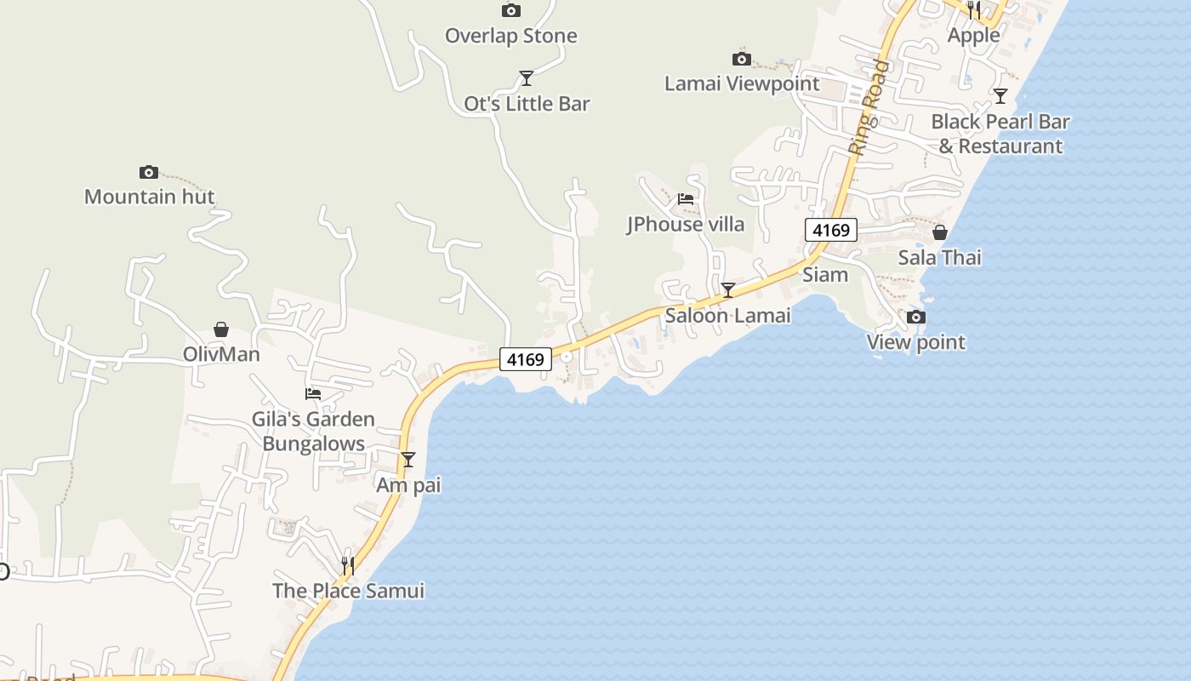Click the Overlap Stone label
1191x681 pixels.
(511, 36)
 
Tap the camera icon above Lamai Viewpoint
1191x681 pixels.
(742, 59)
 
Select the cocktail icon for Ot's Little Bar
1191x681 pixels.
(527, 78)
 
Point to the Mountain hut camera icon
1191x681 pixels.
(149, 172)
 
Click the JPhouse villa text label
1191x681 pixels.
(686, 224)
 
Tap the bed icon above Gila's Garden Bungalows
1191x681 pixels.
(313, 393)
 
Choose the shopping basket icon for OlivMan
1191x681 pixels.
(221, 329)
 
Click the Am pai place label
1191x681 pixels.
(408, 485)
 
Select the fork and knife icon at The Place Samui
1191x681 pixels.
(347, 565)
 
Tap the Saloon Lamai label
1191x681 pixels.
(727, 315)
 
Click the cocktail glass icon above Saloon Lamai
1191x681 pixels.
(728, 290)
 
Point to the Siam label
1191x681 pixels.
(825, 274)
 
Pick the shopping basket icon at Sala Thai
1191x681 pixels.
(940, 232)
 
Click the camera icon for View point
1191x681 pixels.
(916, 318)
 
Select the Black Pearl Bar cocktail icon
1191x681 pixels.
(1000, 96)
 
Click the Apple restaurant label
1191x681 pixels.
(974, 35)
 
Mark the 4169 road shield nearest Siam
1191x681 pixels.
(830, 230)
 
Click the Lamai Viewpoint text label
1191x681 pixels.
(742, 83)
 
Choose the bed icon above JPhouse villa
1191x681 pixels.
(686, 199)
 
